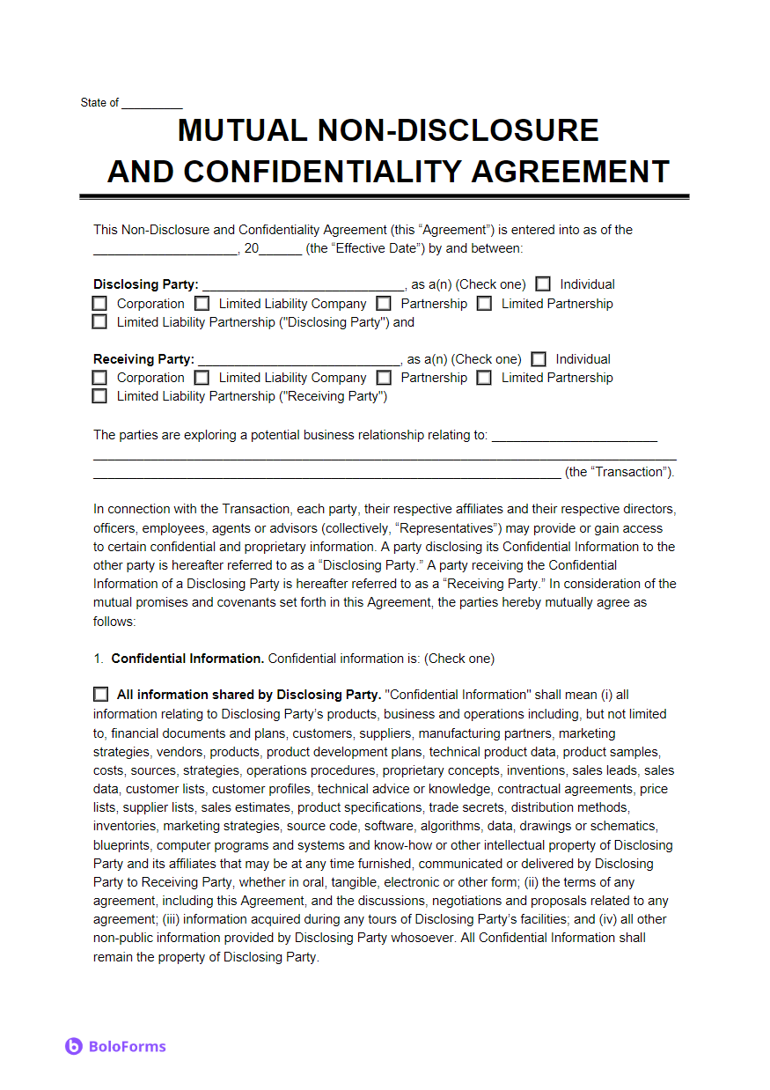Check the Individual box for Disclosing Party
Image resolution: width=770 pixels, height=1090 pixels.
coord(544,284)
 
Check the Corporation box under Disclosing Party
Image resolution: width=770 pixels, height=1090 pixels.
coord(99,304)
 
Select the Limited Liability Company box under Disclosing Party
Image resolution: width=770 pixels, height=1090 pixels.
coord(202,304)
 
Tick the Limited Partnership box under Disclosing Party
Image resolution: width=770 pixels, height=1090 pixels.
coord(484,304)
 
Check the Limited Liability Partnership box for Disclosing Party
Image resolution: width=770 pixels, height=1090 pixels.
coord(99,322)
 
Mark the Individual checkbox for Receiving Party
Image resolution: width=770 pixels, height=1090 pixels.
coord(539,359)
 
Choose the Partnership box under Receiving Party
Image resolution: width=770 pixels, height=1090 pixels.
coord(384,378)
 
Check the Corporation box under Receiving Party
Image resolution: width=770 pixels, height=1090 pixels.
coord(99,378)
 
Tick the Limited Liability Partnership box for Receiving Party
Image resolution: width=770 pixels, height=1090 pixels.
coord(99,396)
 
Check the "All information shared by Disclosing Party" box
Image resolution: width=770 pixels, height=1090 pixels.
coord(100,695)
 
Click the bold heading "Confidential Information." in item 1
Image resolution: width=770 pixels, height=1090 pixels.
coord(187,659)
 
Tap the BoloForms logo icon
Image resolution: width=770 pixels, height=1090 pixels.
coord(74,1046)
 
